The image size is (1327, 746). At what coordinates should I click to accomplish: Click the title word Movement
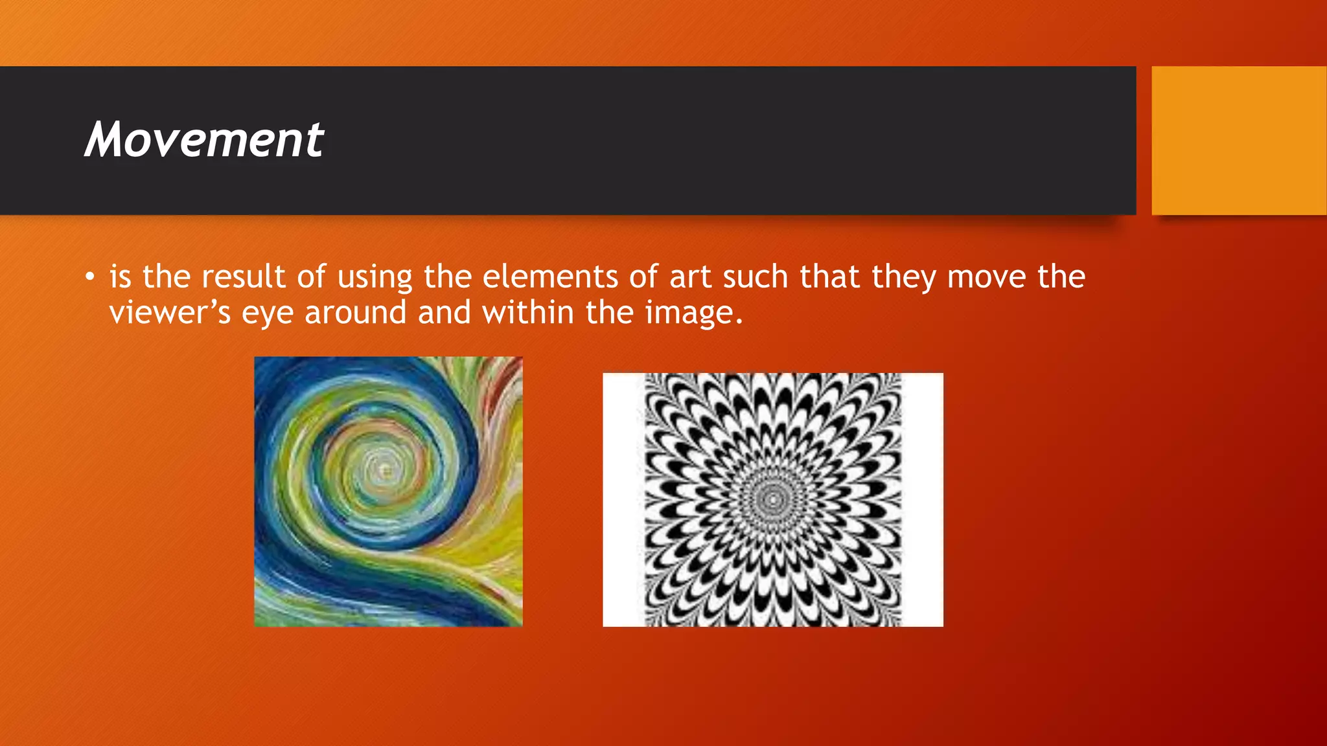pyautogui.click(x=204, y=139)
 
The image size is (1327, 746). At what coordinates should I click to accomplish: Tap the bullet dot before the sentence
pyautogui.click(x=90, y=278)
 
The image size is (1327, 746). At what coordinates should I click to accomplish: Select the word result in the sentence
pyautogui.click(x=243, y=277)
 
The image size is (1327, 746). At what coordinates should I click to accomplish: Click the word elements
pyautogui.click(x=550, y=277)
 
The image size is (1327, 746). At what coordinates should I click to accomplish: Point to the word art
pyautogui.click(x=690, y=277)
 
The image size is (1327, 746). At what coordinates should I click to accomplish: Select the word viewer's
pyautogui.click(x=170, y=313)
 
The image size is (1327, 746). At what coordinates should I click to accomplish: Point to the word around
pyautogui.click(x=355, y=313)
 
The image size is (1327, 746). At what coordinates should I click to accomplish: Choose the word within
pyautogui.click(x=528, y=312)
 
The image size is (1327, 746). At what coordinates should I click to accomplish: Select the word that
pyautogui.click(x=829, y=277)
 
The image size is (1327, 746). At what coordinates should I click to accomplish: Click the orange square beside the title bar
pyautogui.click(x=1239, y=141)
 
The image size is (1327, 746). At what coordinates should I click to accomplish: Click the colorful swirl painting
pyautogui.click(x=388, y=492)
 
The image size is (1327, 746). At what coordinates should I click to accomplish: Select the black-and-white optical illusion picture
pyautogui.click(x=772, y=499)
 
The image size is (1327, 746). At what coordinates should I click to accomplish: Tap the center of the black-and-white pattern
pyautogui.click(x=772, y=499)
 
